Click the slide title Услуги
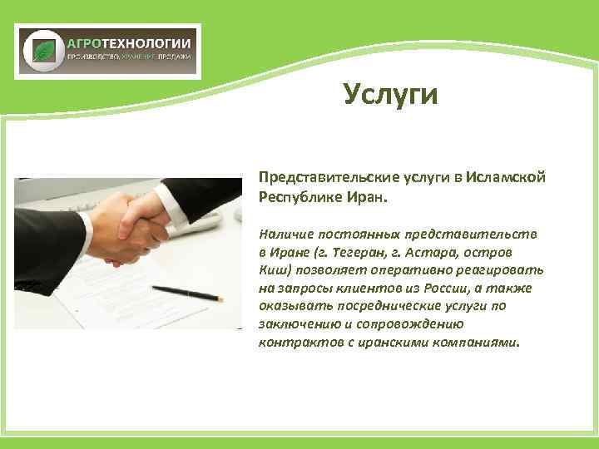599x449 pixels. tap(390, 95)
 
